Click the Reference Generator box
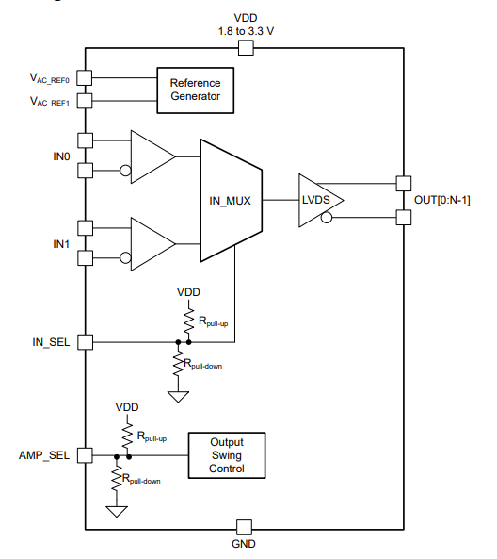[x=196, y=90]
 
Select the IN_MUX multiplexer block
[x=231, y=201]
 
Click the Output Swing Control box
[x=227, y=455]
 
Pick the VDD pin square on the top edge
[x=246, y=48]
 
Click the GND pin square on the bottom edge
[x=244, y=527]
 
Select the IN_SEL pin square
[x=85, y=342]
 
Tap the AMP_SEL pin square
[x=85, y=455]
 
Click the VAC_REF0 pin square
[x=85, y=77]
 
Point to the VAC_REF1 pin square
[x=85, y=101]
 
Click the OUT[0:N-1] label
[x=441, y=201]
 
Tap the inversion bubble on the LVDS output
[x=327, y=217]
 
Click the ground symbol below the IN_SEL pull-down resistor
[x=178, y=397]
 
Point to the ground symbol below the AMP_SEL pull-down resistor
[x=117, y=511]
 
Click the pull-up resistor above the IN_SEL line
[x=188, y=321]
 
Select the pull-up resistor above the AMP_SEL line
[x=127, y=436]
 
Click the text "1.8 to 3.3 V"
[x=246, y=31]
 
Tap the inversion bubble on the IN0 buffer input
[x=125, y=171]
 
